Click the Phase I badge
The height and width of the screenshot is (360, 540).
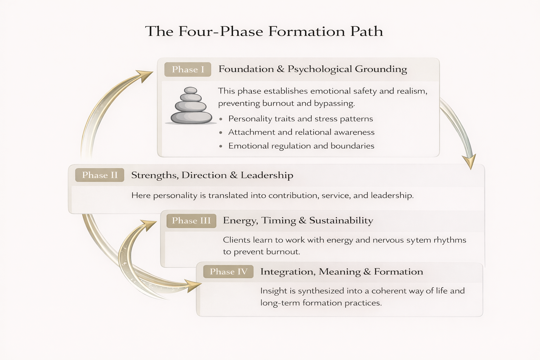188,70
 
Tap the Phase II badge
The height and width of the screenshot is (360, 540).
99,175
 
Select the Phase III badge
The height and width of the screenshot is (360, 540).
191,221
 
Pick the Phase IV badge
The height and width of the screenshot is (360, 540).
229,272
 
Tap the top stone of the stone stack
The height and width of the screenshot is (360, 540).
191,90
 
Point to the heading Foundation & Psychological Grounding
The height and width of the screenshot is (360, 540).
313,69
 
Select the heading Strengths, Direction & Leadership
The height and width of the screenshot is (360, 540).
212,175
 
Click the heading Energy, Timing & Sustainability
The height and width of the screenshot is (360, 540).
298,220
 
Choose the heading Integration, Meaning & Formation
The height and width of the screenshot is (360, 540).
341,272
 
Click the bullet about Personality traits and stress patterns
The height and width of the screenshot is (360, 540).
300,119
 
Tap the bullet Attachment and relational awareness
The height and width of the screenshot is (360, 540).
301,132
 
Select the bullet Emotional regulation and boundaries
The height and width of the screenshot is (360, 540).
301,146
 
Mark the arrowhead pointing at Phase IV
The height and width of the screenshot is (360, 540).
193,285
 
